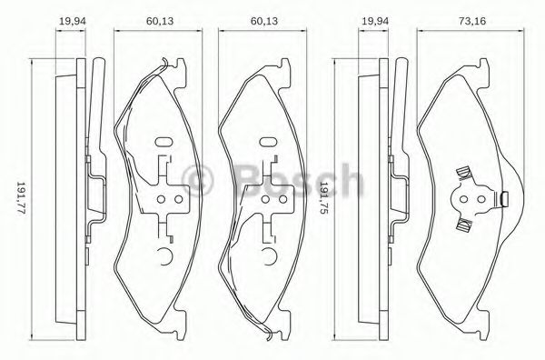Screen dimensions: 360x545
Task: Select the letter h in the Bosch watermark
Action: [349, 181]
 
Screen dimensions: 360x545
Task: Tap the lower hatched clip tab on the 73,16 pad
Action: [463, 222]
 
